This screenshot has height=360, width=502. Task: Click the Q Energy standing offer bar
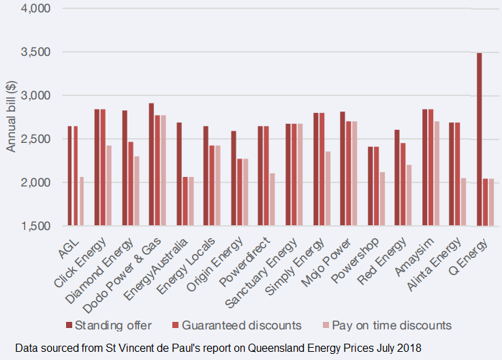(479, 140)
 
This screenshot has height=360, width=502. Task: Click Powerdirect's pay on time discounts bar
(272, 199)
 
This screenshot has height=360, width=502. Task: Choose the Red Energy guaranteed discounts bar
(403, 184)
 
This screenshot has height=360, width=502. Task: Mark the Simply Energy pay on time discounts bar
(327, 189)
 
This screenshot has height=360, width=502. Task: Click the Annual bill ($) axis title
(11, 116)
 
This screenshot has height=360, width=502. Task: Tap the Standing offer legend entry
(113, 325)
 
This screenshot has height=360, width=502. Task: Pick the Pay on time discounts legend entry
(386, 325)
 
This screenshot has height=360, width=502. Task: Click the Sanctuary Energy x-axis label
(275, 268)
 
